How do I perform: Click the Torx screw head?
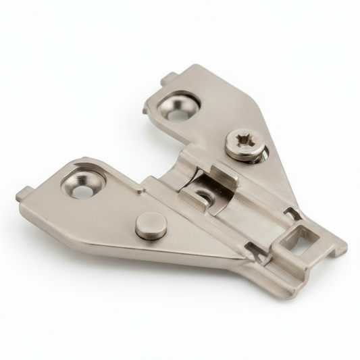[x=244, y=145]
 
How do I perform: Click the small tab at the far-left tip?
[x=22, y=197]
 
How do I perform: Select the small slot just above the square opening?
[x=292, y=215]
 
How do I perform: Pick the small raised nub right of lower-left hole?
[x=140, y=192]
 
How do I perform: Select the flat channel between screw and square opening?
[x=267, y=196]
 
